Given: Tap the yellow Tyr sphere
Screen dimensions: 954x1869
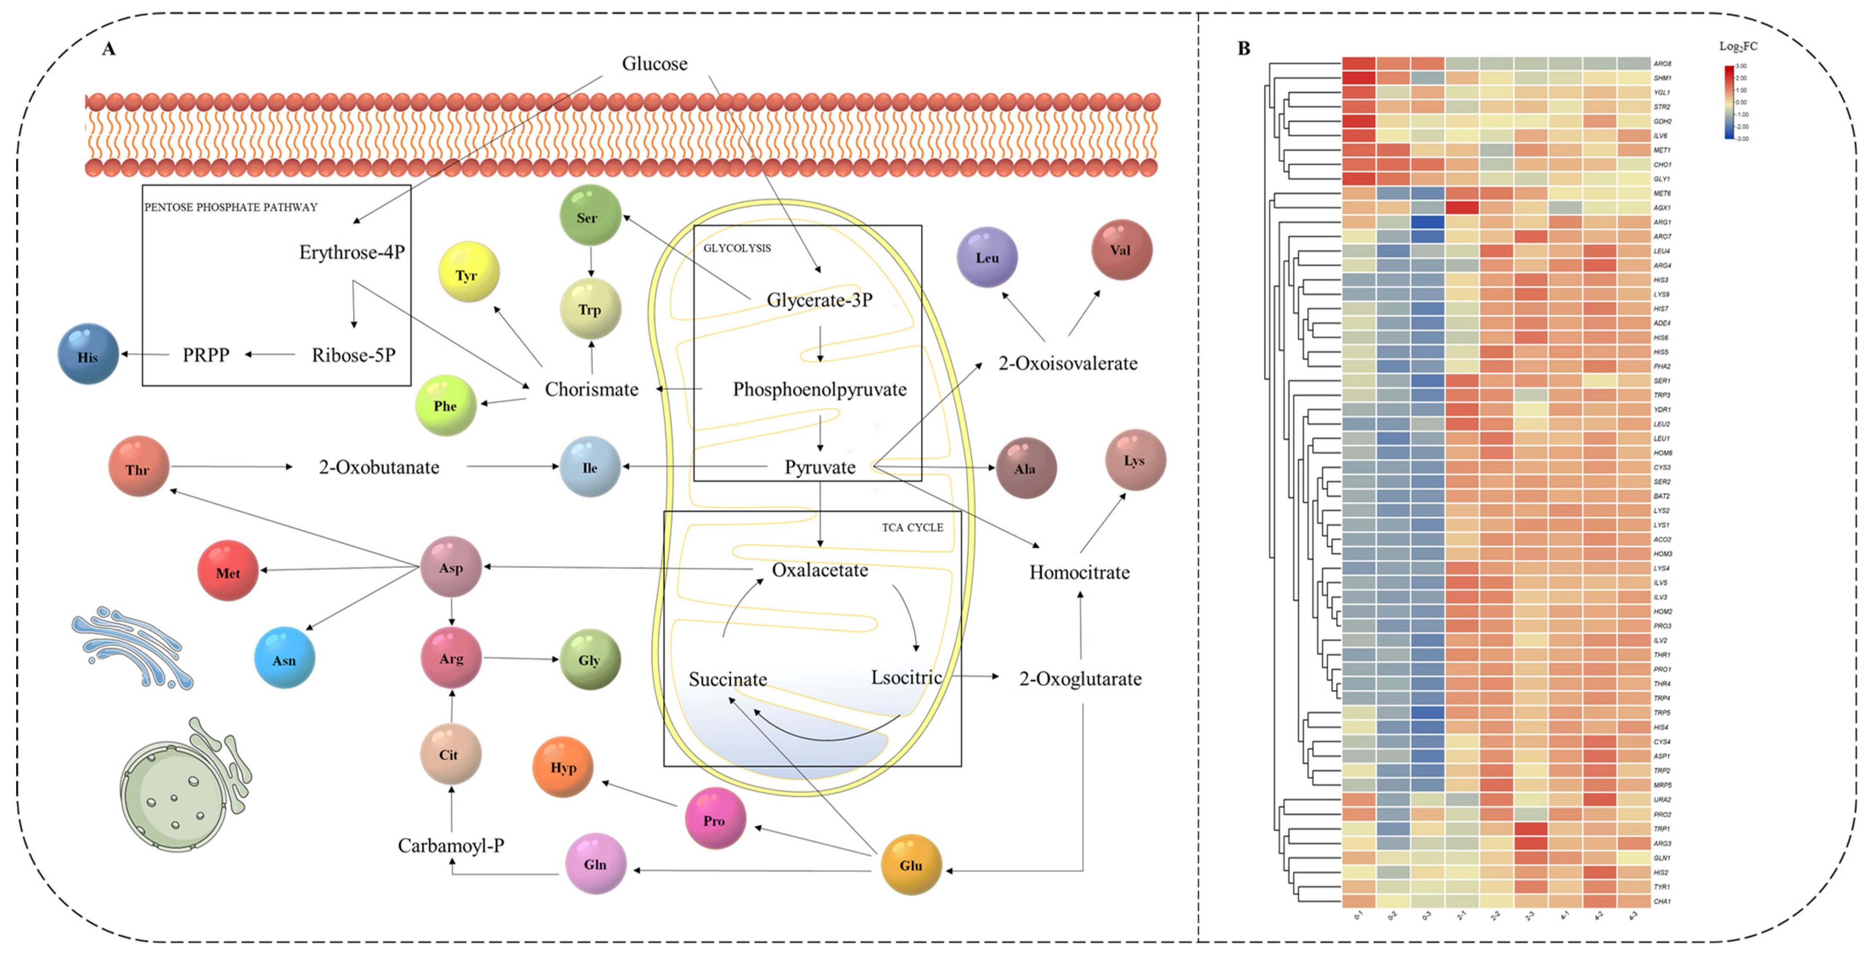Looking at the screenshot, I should pyautogui.click(x=468, y=273).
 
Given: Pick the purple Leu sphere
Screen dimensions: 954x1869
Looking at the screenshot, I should pyautogui.click(x=987, y=257).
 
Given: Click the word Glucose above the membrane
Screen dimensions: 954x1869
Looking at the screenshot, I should pyautogui.click(x=655, y=64).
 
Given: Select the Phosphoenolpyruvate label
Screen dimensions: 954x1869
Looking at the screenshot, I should pyautogui.click(x=819, y=390).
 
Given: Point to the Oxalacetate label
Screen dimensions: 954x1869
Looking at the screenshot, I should pyautogui.click(x=819, y=570).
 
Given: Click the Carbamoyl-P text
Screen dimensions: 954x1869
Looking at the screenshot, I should pyautogui.click(x=450, y=845).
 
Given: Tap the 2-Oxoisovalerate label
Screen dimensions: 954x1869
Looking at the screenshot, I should pyautogui.click(x=1067, y=363).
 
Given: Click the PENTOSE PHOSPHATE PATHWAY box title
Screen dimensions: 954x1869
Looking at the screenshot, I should pyautogui.click(x=231, y=208).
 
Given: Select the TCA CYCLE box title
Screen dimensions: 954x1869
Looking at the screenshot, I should pyautogui.click(x=912, y=528).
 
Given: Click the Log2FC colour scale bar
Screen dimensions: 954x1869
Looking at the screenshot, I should pyautogui.click(x=1729, y=101).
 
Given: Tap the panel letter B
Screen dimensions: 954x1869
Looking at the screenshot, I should pyautogui.click(x=1244, y=49).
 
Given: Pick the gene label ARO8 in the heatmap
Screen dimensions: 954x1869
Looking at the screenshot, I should pyautogui.click(x=1661, y=64).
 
